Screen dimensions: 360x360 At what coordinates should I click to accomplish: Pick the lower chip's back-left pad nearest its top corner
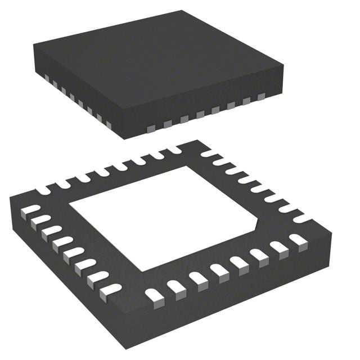click(x=172, y=150)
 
